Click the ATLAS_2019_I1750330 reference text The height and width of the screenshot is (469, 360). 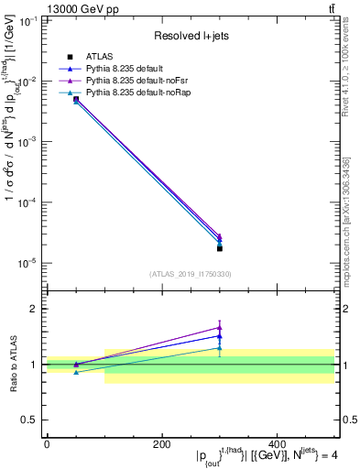point(191,273)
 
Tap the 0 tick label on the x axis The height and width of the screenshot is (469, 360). point(46,444)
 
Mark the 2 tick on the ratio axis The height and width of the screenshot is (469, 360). point(37,309)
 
